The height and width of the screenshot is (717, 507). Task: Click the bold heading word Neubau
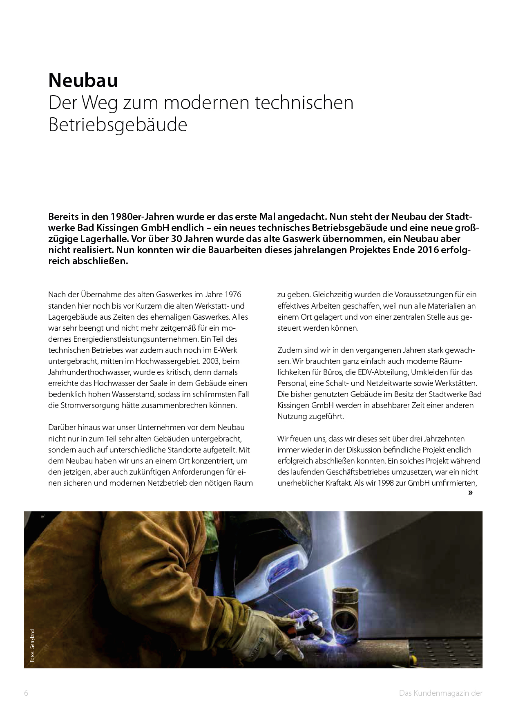(x=83, y=81)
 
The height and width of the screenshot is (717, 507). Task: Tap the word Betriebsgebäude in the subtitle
(x=118, y=125)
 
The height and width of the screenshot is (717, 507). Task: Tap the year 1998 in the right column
(x=386, y=483)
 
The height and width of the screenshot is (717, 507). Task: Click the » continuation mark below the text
(x=470, y=493)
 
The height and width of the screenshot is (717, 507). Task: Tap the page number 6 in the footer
(x=26, y=693)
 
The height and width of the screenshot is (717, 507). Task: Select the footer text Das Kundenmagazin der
(x=441, y=693)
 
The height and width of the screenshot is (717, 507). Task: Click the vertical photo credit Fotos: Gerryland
(x=32, y=645)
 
